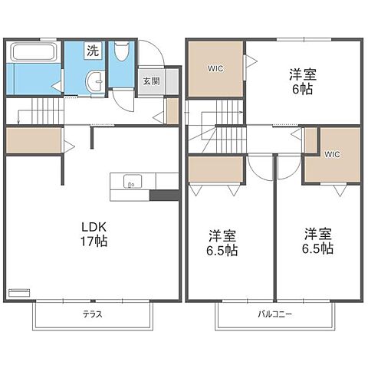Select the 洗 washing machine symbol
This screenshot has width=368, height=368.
pos(92,51)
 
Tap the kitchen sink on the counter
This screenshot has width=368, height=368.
pos(130,182)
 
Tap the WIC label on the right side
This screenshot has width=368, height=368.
pos(332,154)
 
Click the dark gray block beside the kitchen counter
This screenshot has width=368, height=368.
pos(164,195)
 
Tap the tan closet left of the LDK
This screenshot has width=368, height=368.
pos(33,141)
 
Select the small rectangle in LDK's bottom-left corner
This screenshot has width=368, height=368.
pos(18,291)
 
